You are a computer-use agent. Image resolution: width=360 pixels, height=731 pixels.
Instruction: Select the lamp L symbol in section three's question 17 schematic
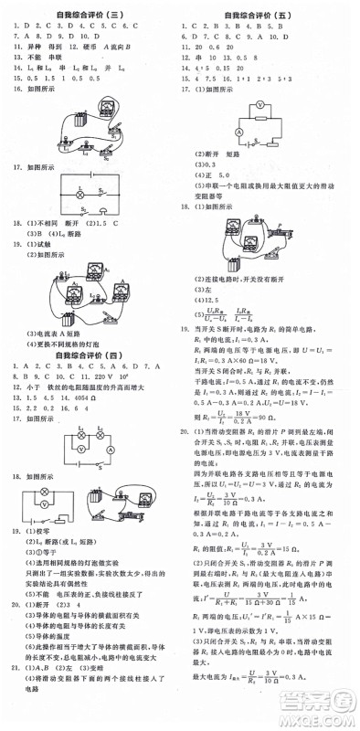pyautogui.click(x=81, y=195)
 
